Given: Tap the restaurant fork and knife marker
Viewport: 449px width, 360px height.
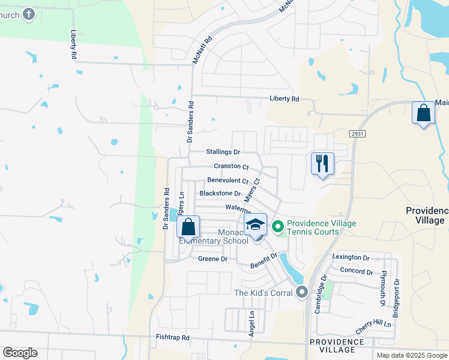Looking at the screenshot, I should coord(323,163).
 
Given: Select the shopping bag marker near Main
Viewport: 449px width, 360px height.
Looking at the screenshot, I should coord(423,113).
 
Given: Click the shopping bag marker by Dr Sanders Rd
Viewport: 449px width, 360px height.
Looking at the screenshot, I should coord(188,228).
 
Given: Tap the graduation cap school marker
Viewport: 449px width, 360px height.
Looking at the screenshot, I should coord(256,226).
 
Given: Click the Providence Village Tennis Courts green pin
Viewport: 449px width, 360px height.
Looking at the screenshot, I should coord(277,227).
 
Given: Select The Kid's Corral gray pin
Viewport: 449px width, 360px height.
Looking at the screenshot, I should coord(302,292).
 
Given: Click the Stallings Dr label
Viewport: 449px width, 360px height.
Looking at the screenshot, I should coord(223,152).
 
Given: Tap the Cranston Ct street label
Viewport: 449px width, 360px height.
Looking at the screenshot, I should coord(231,166).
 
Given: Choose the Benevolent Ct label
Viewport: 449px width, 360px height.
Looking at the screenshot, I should coord(228,180).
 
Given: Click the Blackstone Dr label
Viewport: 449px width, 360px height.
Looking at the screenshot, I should coord(220,194).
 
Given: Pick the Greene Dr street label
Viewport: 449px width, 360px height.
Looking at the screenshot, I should coord(212,259).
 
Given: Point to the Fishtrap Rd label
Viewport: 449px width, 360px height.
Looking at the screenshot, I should coord(172,338).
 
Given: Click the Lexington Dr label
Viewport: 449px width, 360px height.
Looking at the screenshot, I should coord(351,257).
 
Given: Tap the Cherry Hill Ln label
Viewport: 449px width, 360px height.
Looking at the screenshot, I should coord(373,324).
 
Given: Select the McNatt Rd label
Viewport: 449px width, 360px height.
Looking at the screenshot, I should coord(202,50).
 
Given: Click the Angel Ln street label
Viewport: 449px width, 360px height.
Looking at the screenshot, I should coord(252,322).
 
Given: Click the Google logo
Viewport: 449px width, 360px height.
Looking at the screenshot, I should coord(20,353).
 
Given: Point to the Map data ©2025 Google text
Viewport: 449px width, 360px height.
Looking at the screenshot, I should coord(411,355).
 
